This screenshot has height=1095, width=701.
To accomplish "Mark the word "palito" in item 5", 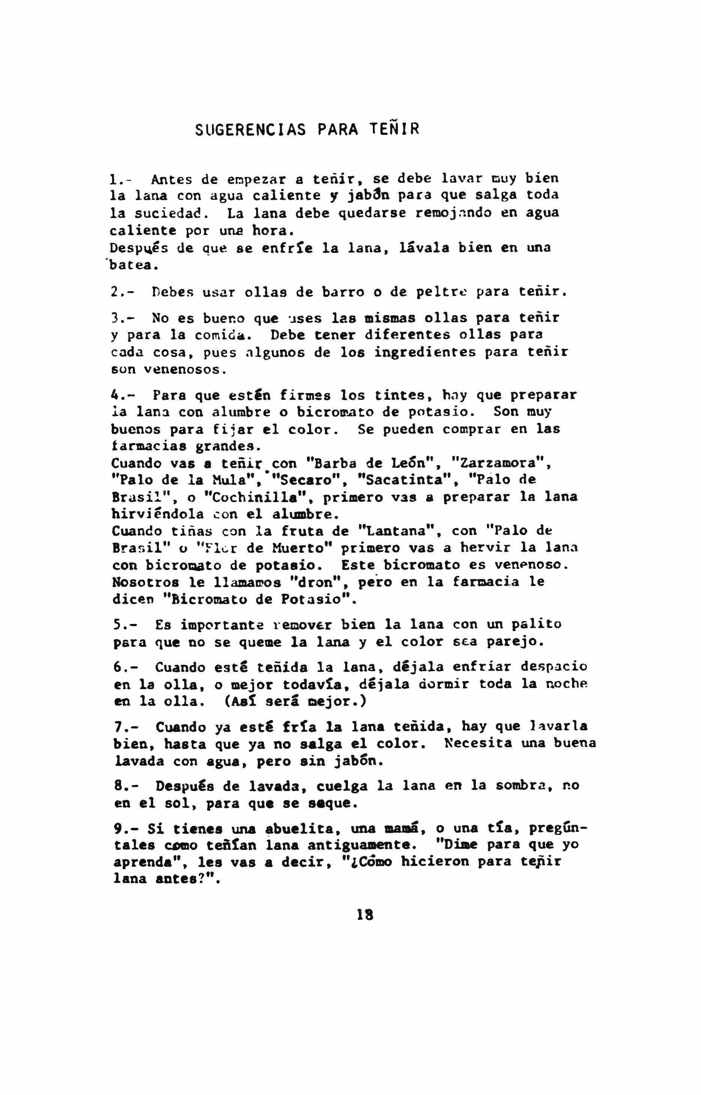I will (536, 624).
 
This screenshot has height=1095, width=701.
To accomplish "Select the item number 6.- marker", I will (126, 667).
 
